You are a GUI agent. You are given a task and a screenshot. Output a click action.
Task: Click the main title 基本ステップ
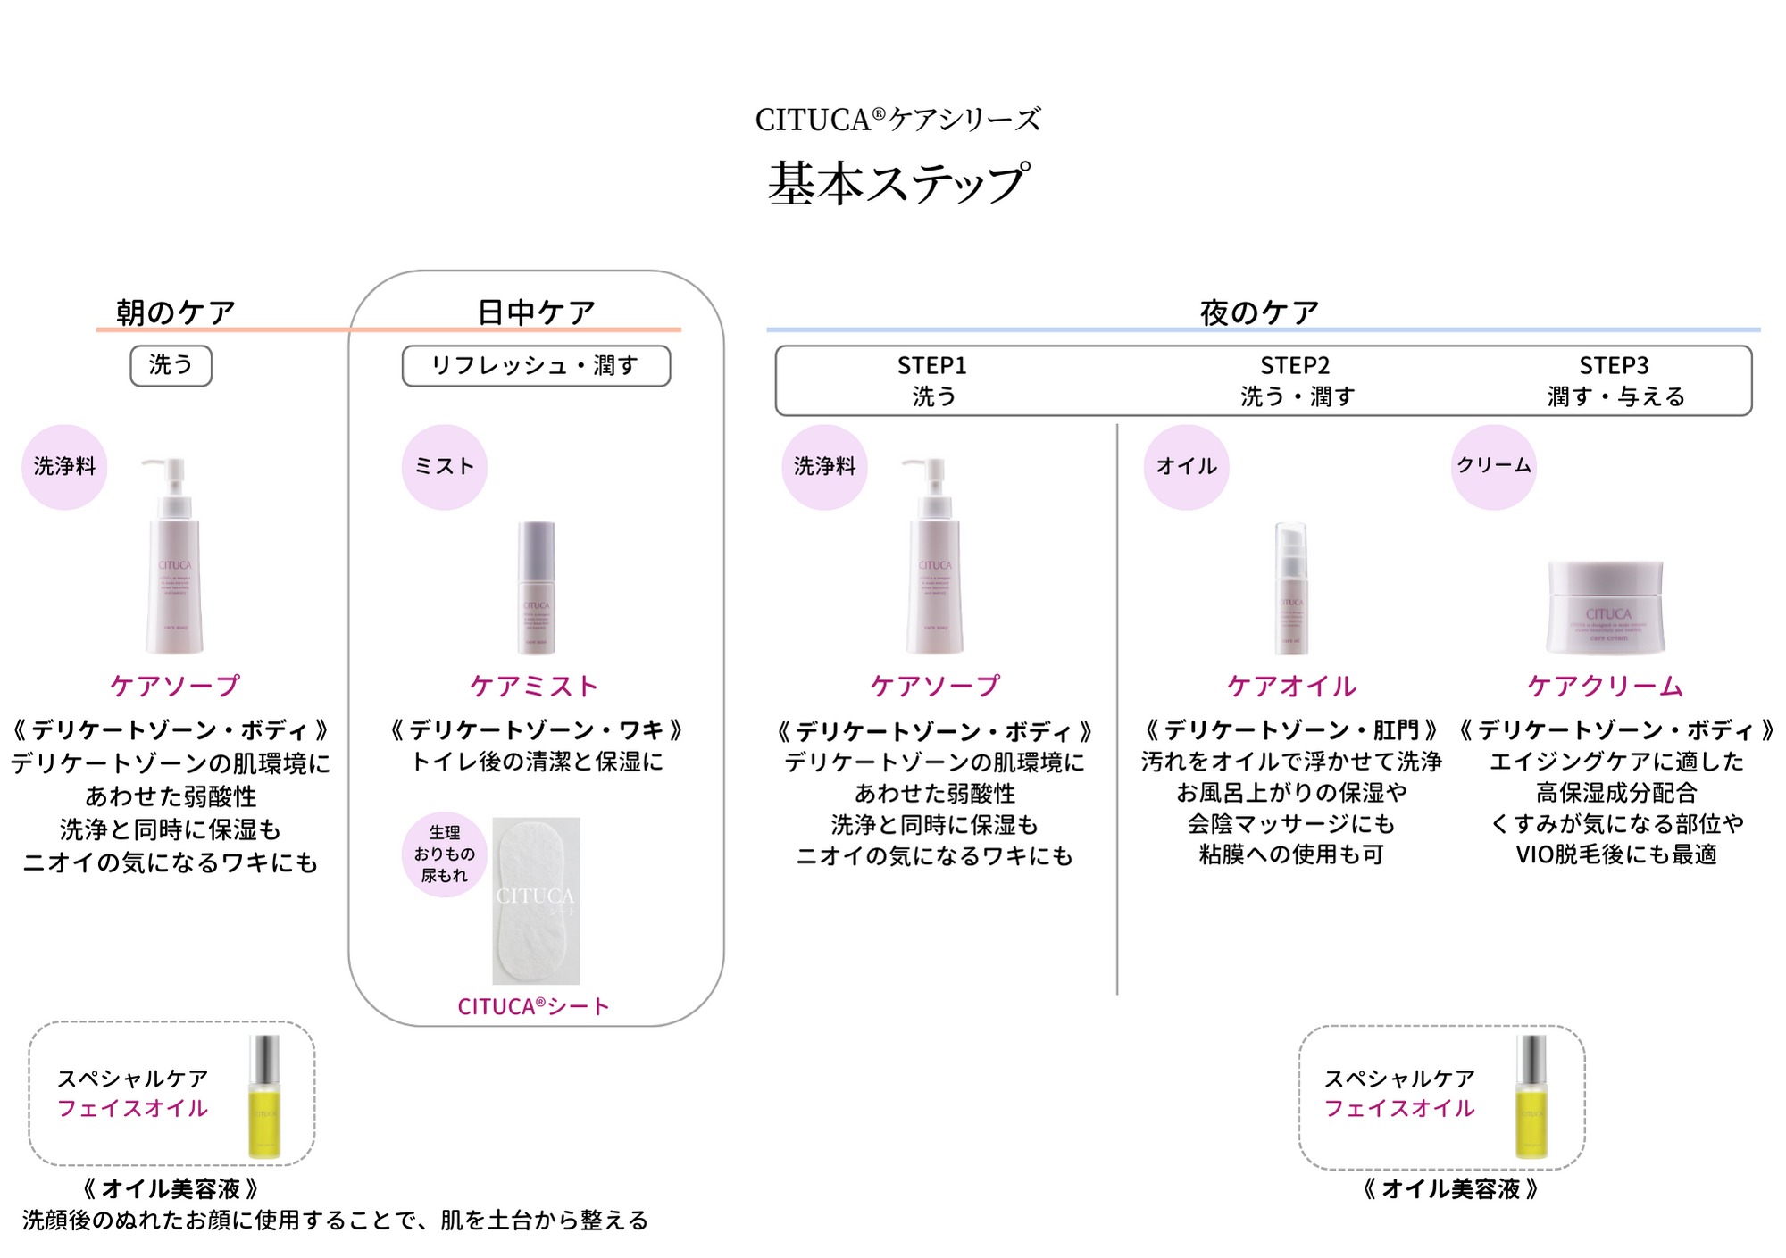tap(898, 183)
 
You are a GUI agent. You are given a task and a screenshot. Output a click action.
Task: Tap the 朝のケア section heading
tap(176, 312)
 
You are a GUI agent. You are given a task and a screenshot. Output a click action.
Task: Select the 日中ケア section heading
tap(536, 312)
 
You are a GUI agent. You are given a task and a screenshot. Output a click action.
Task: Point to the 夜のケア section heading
tap(1259, 312)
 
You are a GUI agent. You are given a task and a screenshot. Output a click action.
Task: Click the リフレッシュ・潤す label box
tap(536, 366)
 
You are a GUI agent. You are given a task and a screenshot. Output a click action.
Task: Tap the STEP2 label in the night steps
tap(1295, 366)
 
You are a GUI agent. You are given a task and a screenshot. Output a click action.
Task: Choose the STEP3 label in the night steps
tap(1614, 366)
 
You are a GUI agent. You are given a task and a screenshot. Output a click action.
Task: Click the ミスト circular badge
tap(444, 466)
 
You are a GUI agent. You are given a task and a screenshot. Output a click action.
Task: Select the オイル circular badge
tap(1186, 466)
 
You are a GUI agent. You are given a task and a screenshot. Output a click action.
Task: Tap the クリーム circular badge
tap(1493, 466)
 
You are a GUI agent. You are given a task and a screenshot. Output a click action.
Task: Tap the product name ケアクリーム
tap(1605, 686)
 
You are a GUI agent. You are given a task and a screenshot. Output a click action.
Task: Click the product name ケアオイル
tap(1291, 686)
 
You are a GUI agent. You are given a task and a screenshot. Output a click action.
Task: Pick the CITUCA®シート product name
tap(533, 1006)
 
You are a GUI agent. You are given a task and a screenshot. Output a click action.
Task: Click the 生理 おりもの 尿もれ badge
tap(444, 854)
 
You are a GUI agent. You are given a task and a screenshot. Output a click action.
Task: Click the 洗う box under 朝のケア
tap(171, 365)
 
